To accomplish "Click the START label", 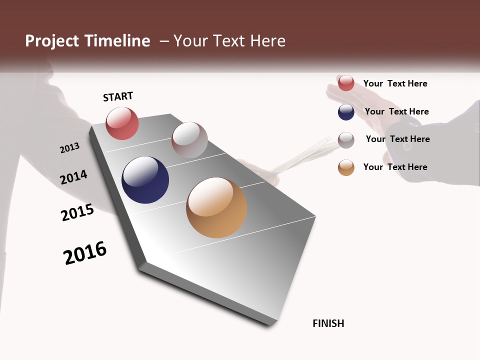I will click(118, 96).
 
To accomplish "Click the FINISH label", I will click(328, 323).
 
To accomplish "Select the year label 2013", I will click(69, 148).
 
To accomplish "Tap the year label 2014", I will click(73, 177).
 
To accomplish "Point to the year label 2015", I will click(77, 212).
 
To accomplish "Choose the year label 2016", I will click(85, 253).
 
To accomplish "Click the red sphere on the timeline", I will click(122, 123).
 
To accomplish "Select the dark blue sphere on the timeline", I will click(145, 180).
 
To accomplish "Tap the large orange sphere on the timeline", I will click(216, 207).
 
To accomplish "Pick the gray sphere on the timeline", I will click(189, 139).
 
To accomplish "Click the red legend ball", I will click(346, 83).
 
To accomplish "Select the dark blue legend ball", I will click(346, 112).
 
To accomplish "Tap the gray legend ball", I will click(346, 140).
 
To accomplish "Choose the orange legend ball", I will click(346, 167).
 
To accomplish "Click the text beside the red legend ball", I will click(395, 83).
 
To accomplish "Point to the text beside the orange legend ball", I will click(395, 167).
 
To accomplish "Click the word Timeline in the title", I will click(117, 41).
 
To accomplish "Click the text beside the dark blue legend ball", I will click(396, 111).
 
